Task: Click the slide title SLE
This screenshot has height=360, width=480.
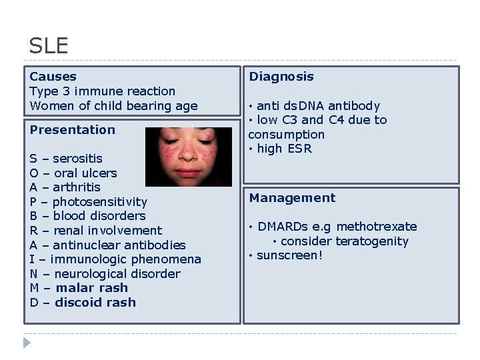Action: click(x=49, y=46)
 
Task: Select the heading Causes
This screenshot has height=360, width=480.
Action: click(x=53, y=77)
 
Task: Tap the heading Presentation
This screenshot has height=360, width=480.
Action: click(x=72, y=129)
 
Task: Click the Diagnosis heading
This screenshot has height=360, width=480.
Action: click(x=281, y=77)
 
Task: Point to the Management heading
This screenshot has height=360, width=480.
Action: click(x=292, y=198)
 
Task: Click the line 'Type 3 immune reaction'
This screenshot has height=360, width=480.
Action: click(x=102, y=91)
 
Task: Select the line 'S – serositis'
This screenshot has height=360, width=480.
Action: click(x=66, y=159)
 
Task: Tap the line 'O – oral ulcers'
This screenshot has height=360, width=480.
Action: click(x=73, y=173)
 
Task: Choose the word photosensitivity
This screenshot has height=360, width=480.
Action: click(x=99, y=202)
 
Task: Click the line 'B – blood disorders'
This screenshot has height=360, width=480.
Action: click(x=87, y=216)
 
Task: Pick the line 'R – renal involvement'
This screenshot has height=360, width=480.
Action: click(x=95, y=231)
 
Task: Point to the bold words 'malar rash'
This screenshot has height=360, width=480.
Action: click(x=91, y=288)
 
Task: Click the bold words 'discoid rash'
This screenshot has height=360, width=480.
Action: click(x=95, y=303)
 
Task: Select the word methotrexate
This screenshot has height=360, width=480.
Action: click(x=377, y=227)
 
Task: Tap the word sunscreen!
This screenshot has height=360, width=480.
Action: click(x=289, y=255)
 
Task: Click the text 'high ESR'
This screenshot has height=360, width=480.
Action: click(x=284, y=149)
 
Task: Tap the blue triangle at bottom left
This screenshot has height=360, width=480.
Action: click(x=27, y=343)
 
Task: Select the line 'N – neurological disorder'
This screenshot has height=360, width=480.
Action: click(x=105, y=274)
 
